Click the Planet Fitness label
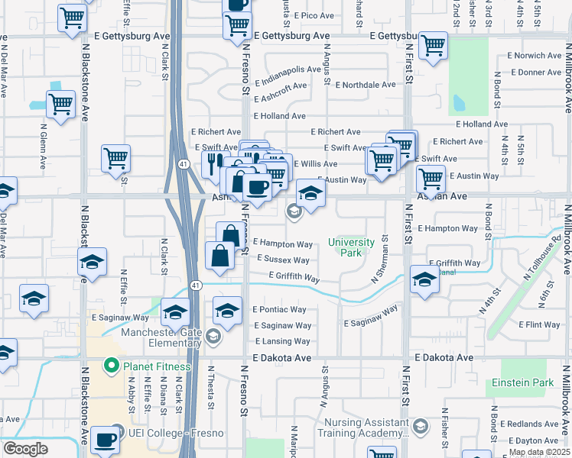point(158,366)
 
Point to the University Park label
point(351,247)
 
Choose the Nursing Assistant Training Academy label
point(366,427)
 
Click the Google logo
point(25,449)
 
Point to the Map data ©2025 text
point(539,452)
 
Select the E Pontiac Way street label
point(279,310)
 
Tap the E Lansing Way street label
point(282,341)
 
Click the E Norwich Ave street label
point(535,56)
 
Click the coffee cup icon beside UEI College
point(105,440)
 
